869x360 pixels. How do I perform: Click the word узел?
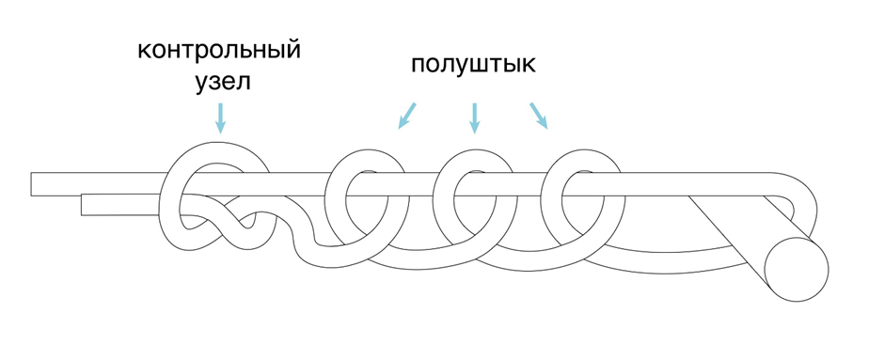223,82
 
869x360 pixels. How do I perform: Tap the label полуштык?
473,65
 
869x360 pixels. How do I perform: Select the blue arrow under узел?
221,118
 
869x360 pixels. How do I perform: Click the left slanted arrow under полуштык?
407,116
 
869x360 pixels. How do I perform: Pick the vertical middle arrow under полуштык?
474,118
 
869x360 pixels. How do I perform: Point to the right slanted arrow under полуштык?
539,116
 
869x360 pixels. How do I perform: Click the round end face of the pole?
797,270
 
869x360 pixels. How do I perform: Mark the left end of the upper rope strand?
32,184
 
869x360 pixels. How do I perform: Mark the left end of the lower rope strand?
82,204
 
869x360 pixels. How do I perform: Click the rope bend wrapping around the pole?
806,208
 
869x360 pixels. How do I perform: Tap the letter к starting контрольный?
144,52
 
